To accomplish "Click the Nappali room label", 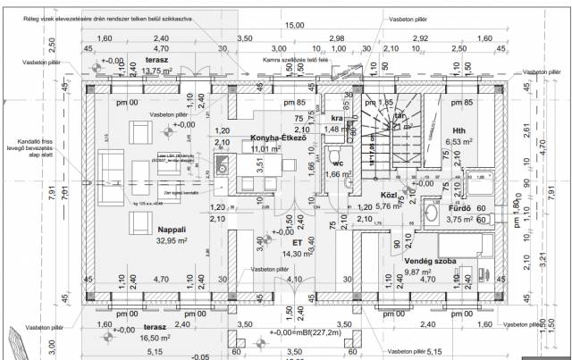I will pyautogui.click(x=172, y=230).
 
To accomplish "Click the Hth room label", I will pyautogui.click(x=460, y=130).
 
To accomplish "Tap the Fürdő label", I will pyautogui.click(x=460, y=208).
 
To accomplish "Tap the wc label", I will pyautogui.click(x=337, y=164).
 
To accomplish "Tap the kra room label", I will pyautogui.click(x=337, y=117).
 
